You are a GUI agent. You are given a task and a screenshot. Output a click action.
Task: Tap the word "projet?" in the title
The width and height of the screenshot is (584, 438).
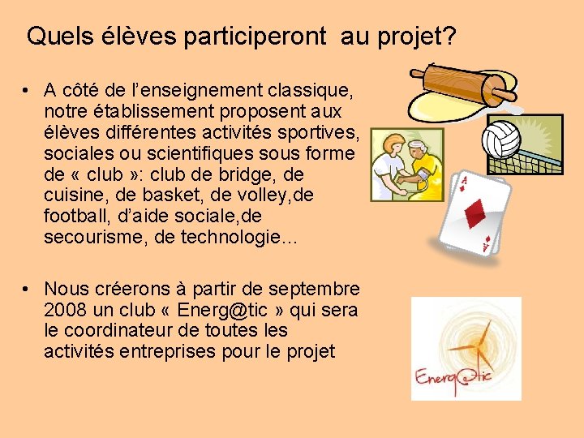coord(416,36)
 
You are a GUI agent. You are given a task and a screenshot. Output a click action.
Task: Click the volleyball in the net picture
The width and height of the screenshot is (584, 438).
coord(502,139)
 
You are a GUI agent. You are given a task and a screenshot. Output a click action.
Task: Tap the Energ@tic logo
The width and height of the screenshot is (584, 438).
coord(466,349)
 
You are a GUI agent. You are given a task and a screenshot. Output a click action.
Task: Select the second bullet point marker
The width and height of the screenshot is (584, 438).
coord(27,290)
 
